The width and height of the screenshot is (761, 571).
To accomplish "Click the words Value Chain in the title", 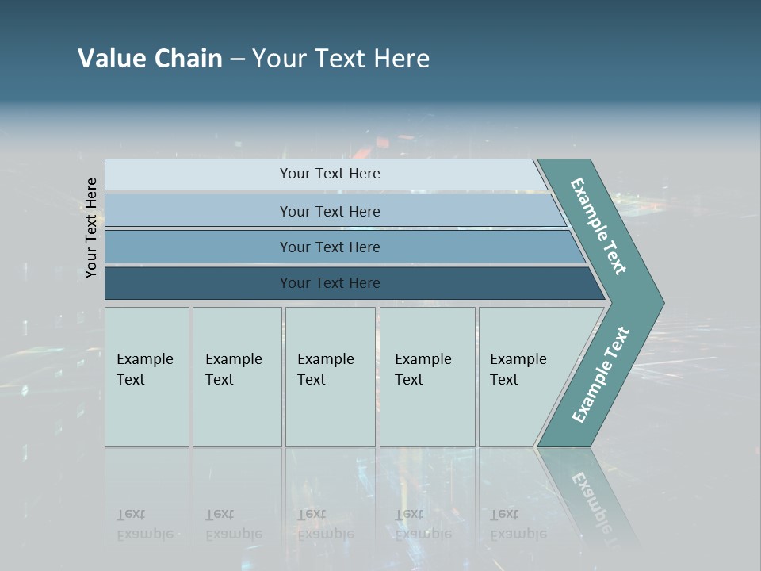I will pos(150,58).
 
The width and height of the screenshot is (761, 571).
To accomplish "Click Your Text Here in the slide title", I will pos(341,58).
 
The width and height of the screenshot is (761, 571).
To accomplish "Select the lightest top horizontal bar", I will pos(329,174).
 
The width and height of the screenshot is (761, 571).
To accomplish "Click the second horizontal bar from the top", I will pos(329,211).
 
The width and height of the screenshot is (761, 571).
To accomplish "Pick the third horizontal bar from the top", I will pos(329,247).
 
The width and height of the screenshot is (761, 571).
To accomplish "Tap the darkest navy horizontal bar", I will pos(329,283).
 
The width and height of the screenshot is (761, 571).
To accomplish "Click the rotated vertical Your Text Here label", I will pos(91,228).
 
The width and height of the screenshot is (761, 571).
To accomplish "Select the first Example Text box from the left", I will pos(147,377).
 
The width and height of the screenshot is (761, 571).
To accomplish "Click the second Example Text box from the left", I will pos(236,377).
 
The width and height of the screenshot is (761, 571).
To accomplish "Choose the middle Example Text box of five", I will pos(330,377).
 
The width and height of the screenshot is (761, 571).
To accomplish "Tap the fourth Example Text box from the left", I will pos(426,377).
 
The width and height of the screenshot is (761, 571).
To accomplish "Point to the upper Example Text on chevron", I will pos(598,226).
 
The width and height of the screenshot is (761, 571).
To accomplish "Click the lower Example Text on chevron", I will pos(600,375).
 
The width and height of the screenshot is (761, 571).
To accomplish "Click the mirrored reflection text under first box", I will pos(144,524).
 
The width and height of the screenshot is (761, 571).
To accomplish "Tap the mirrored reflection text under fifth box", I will pos(518,524).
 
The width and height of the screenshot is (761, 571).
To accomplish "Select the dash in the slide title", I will pos(237,59).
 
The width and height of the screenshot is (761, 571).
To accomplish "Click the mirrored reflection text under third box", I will pos(325,524).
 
